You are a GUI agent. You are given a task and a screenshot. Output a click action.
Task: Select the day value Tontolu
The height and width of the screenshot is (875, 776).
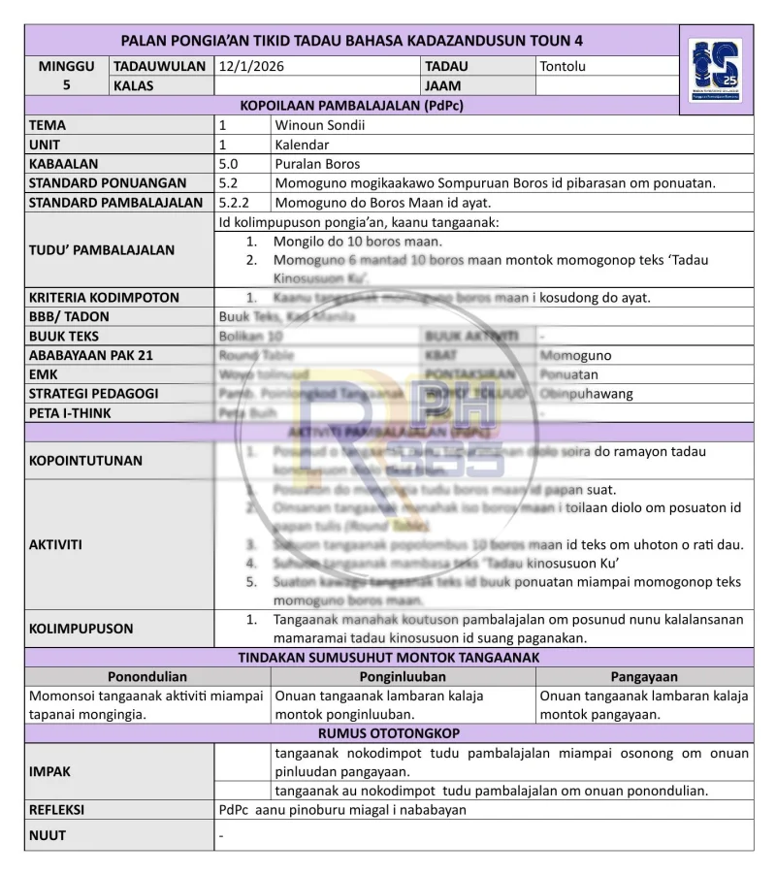point(563,67)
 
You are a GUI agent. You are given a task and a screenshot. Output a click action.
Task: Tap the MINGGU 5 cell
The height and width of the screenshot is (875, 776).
point(67,76)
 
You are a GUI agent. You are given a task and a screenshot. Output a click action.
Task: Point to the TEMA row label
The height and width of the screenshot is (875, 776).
point(48,125)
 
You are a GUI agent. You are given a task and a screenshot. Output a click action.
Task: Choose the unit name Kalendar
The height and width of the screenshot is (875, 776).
point(303,145)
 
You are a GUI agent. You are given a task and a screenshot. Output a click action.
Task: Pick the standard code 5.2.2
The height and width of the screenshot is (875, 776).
point(235,203)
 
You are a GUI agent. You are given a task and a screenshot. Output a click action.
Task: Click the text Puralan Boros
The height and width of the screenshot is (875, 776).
point(317,164)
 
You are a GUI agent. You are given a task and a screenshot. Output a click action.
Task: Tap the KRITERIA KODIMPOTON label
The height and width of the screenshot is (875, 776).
point(104,298)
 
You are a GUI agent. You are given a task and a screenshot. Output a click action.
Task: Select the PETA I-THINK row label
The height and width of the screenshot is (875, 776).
point(70,413)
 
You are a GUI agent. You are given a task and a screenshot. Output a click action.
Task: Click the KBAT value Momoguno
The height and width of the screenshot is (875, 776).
point(575,355)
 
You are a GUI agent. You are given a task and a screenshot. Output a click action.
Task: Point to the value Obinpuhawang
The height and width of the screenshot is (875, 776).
point(586,394)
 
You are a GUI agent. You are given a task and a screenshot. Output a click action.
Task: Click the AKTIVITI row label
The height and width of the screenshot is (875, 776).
point(55,544)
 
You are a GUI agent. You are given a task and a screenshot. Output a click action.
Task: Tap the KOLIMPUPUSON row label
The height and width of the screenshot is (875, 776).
point(81,629)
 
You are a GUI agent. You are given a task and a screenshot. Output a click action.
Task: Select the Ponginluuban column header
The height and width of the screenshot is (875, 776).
point(403,676)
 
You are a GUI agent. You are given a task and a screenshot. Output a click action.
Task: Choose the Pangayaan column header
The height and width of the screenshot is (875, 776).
point(644,676)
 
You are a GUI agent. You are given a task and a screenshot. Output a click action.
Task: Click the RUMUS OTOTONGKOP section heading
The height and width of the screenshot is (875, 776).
point(389,733)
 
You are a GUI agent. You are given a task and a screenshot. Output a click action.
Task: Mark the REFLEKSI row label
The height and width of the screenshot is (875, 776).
point(56,809)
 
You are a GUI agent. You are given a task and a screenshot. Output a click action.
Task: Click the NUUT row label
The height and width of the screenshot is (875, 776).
point(48,834)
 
